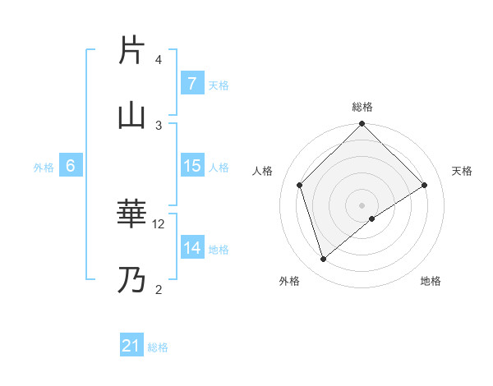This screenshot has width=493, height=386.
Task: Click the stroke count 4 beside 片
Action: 159,60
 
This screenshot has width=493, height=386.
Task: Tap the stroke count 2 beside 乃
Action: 159,288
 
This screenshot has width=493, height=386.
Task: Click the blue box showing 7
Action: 191,83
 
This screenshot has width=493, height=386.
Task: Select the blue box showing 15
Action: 191,166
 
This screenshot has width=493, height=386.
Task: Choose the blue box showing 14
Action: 191,247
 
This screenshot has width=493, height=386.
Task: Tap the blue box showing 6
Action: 71,166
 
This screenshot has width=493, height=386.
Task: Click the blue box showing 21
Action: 131,346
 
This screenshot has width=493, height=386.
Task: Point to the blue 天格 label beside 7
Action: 219,85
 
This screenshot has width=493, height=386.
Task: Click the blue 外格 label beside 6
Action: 44,167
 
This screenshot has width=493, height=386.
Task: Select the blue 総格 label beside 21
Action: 158,347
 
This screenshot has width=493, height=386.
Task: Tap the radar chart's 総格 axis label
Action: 362,107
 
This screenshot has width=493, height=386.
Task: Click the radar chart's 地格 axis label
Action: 431,281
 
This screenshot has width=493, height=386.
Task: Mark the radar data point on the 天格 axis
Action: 425,185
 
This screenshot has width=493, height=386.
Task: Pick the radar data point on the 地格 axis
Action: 372,218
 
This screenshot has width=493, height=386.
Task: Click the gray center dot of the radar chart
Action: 362,204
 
